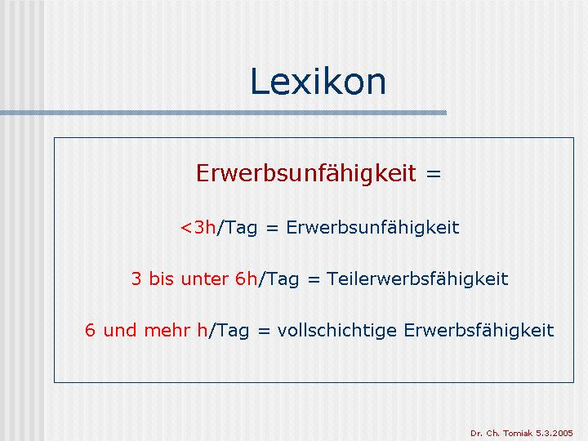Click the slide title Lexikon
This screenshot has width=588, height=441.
pyautogui.click(x=318, y=82)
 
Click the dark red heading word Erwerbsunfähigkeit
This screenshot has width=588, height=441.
pyautogui.click(x=306, y=174)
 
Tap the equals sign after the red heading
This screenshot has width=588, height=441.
pyautogui.click(x=433, y=175)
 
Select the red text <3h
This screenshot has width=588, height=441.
pyautogui.click(x=198, y=227)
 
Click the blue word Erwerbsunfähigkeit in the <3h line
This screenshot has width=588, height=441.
pyautogui.click(x=372, y=228)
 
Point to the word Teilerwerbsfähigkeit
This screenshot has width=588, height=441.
pyautogui.click(x=417, y=279)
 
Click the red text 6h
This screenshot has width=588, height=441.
pyautogui.click(x=247, y=278)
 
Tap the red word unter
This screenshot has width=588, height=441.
pyautogui.click(x=204, y=279)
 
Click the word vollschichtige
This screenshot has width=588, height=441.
pyautogui.click(x=336, y=331)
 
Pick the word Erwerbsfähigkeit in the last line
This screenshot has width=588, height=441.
pyautogui.click(x=479, y=331)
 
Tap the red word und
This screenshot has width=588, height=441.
pyautogui.click(x=119, y=331)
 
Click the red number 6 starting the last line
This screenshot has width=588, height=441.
pyautogui.click(x=90, y=331)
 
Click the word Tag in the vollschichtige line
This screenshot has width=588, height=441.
pyautogui.click(x=233, y=331)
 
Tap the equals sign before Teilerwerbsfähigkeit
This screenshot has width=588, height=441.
pyautogui.click(x=314, y=279)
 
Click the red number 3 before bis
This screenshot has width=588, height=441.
pyautogui.click(x=136, y=279)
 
